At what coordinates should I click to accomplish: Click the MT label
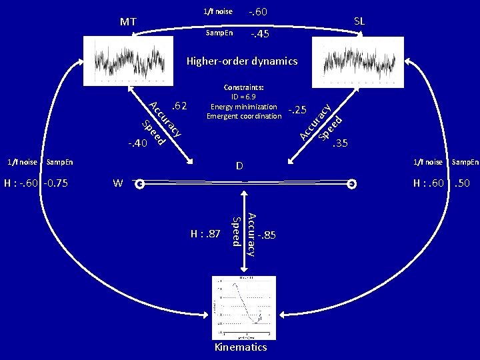(129, 22)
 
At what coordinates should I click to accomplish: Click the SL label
(359, 21)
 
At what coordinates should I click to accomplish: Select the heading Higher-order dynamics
(242, 61)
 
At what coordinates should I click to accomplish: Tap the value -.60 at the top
(258, 11)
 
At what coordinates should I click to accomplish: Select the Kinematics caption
(240, 347)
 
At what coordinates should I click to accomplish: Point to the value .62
(179, 105)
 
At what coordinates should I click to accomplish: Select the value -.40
(137, 143)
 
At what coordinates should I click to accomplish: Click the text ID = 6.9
(244, 97)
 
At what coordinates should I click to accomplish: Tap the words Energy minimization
(243, 107)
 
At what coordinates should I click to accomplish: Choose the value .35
(341, 143)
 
